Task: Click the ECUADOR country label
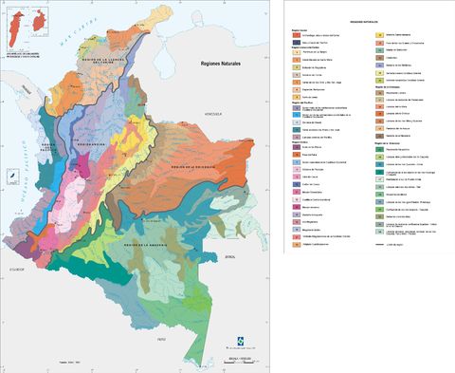[x=17, y=269]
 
